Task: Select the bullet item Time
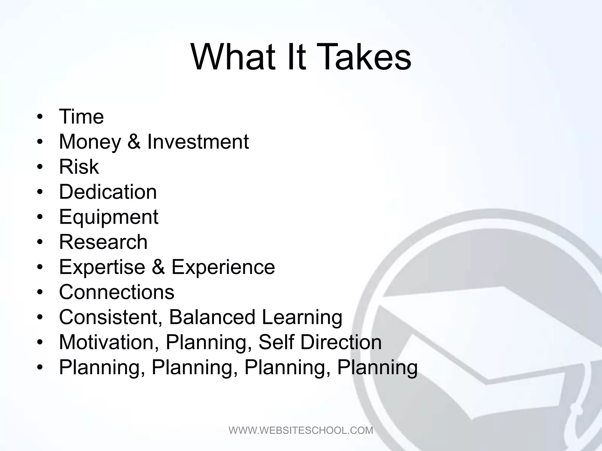click(81, 117)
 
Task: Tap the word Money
click(90, 142)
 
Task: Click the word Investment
click(198, 142)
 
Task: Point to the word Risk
click(79, 167)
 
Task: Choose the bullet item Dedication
click(108, 192)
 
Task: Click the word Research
click(103, 242)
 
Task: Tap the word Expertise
click(102, 267)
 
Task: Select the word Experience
click(223, 267)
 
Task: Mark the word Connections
click(117, 292)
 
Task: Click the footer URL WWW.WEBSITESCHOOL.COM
click(301, 430)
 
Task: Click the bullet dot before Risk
click(40, 167)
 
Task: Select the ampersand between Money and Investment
click(134, 142)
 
